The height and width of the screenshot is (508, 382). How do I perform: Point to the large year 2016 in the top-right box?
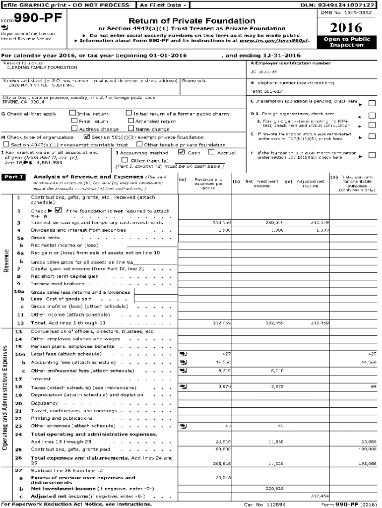(x=346, y=27)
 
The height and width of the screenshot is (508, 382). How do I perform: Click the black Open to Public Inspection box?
(x=346, y=42)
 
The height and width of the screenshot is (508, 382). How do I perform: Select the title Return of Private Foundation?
(x=192, y=21)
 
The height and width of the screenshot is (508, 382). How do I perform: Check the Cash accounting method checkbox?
(x=182, y=153)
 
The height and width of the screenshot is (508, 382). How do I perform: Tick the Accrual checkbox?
(x=210, y=153)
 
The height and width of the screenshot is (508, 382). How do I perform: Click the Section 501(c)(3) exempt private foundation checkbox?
(x=87, y=137)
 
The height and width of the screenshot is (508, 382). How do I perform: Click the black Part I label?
(x=14, y=177)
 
